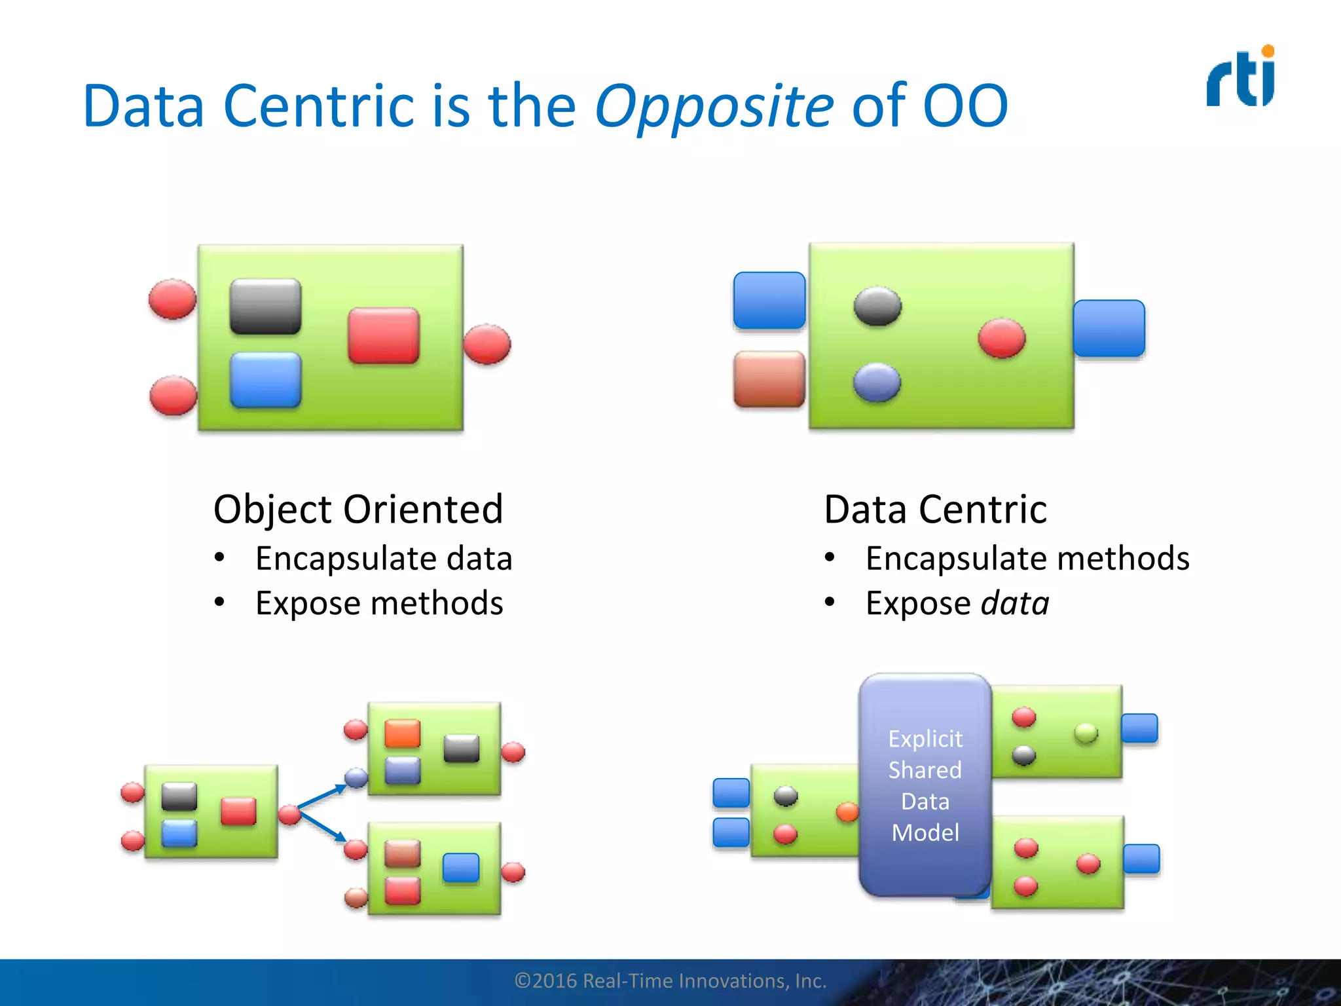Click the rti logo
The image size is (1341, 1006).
(x=1241, y=77)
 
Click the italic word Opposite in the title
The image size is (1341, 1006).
(x=714, y=106)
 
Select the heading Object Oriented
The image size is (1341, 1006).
(x=358, y=509)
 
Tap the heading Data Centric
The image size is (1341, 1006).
(x=935, y=509)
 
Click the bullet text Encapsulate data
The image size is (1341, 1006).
(x=384, y=559)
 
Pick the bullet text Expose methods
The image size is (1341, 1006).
(x=379, y=603)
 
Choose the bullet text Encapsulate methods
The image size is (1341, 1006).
(x=1027, y=559)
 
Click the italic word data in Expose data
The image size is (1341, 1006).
(x=1015, y=603)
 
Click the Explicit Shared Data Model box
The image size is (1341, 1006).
(x=925, y=785)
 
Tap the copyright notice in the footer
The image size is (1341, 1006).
(x=670, y=980)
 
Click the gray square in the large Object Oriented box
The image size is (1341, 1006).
(x=265, y=307)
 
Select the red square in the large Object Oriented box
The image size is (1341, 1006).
(x=383, y=336)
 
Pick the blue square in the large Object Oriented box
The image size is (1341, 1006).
(x=265, y=380)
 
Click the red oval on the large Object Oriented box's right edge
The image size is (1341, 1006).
(x=487, y=344)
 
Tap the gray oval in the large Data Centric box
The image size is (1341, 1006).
(x=877, y=306)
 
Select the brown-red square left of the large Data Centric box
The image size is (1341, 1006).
(x=769, y=379)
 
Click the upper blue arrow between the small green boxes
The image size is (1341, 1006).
(x=321, y=796)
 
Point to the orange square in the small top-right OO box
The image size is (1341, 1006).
(x=402, y=733)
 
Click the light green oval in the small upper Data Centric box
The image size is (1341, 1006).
(x=1086, y=733)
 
